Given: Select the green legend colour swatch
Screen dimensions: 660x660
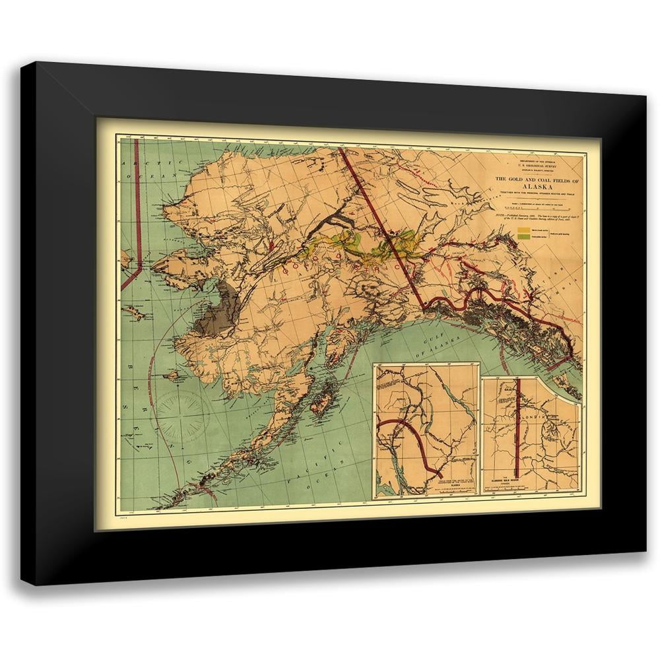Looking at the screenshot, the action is pos(523,239).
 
